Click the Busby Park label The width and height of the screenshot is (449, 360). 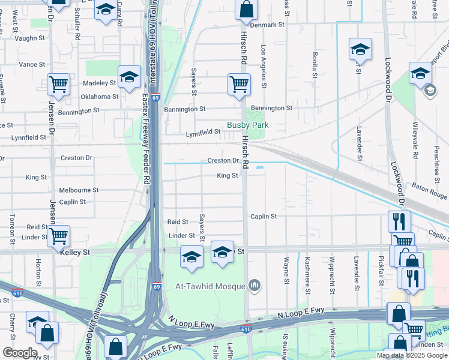pyautogui.click(x=247, y=125)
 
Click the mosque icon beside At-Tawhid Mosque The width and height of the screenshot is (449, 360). pyautogui.click(x=255, y=285)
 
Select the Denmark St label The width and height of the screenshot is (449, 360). pyautogui.click(x=267, y=25)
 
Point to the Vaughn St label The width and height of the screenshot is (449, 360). pyautogui.click(x=30, y=38)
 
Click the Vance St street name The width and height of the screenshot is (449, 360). pyautogui.click(x=32, y=64)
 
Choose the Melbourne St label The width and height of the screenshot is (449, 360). pyautogui.click(x=79, y=190)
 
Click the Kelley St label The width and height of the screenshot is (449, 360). pyautogui.click(x=75, y=253)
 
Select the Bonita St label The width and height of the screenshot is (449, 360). pyautogui.click(x=314, y=65)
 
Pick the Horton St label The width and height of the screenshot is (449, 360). pyautogui.click(x=38, y=272)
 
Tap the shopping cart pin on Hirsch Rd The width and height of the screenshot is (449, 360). pyautogui.click(x=239, y=84)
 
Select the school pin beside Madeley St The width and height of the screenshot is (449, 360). pyautogui.click(x=129, y=77)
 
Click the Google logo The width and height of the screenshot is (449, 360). pyautogui.click(x=20, y=353)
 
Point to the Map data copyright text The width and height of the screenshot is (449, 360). pyautogui.click(x=411, y=355)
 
